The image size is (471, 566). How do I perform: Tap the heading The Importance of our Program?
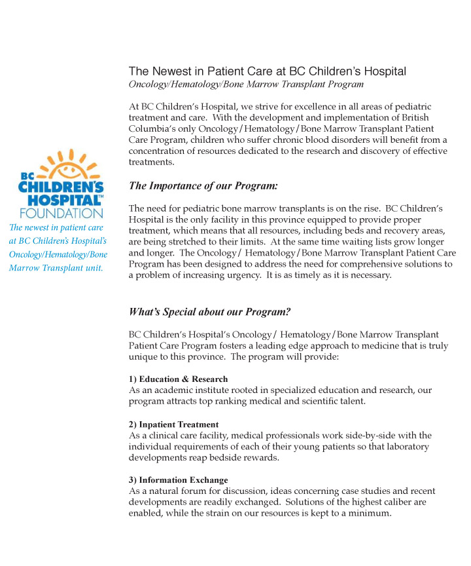[203, 186]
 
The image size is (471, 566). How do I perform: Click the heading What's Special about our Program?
[209, 312]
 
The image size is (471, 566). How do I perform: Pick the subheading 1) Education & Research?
[179, 379]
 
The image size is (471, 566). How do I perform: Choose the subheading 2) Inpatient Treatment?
[174, 424]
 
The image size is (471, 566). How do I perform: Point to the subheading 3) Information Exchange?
[179, 480]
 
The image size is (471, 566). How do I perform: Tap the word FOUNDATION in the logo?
[61, 212]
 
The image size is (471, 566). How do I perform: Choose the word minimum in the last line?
[370, 514]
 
